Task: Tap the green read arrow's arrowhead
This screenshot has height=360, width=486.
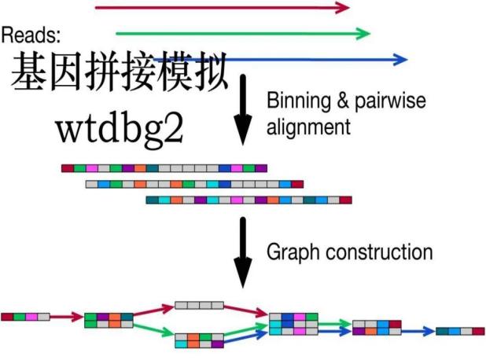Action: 363,33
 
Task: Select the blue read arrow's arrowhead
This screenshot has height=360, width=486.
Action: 401,59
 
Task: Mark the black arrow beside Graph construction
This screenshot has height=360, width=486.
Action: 245,253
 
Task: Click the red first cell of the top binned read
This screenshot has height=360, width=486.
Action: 68,168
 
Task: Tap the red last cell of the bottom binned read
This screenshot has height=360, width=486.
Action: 345,200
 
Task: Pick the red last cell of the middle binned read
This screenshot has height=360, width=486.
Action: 297,184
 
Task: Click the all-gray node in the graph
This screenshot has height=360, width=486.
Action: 199,305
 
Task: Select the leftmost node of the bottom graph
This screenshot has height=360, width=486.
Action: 25,317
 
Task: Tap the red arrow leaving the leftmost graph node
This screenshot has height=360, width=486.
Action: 66,318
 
